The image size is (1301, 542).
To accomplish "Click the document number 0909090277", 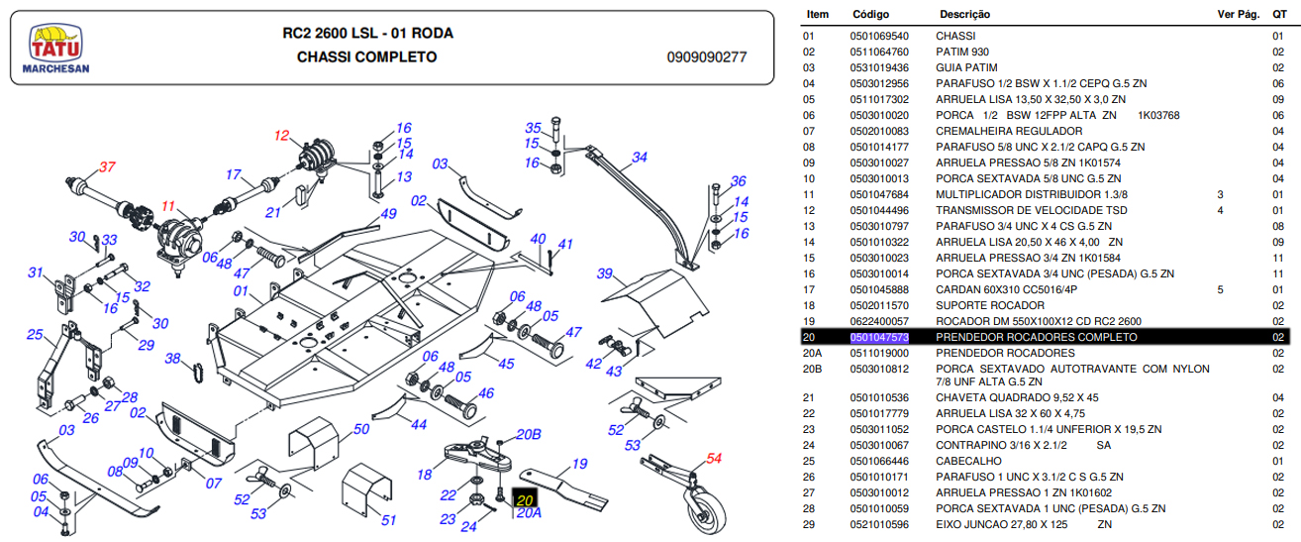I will click(707, 57).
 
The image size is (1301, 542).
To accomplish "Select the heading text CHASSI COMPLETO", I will click(367, 57).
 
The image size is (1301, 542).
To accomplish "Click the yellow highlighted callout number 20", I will click(525, 500).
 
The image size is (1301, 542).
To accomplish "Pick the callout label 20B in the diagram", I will click(529, 435).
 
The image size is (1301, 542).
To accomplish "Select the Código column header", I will click(869, 15).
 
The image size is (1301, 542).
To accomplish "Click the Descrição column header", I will click(964, 15).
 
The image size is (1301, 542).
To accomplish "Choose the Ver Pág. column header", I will click(1236, 15).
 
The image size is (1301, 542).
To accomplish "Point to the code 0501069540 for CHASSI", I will click(879, 36).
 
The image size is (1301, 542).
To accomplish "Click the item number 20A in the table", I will click(812, 353).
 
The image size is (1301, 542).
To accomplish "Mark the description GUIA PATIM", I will click(966, 67).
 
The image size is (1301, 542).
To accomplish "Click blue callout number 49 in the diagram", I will click(388, 214).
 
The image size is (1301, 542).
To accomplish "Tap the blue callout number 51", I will click(388, 520).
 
